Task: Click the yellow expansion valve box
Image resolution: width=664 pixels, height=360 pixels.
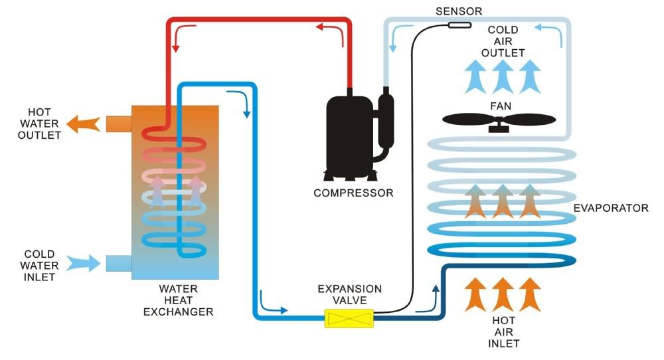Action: (349, 319)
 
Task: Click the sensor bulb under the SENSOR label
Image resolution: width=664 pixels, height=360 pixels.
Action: (459, 25)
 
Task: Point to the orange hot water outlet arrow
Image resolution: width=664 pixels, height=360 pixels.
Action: (84, 124)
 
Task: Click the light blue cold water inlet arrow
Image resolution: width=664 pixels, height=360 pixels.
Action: (84, 263)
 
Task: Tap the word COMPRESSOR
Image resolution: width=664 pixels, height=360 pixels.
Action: (353, 193)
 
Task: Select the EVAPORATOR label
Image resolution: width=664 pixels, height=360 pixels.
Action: (611, 208)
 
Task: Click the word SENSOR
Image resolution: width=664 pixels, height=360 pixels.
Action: (459, 11)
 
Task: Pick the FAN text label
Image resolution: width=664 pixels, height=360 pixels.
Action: (501, 106)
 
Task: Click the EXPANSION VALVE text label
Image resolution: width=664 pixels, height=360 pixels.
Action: (350, 295)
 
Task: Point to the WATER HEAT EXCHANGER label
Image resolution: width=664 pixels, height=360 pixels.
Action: (178, 300)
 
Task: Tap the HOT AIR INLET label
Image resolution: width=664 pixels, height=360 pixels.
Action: (503, 332)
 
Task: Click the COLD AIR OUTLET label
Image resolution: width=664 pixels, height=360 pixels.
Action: (503, 41)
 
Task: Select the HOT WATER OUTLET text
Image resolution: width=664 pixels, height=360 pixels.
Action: (39, 124)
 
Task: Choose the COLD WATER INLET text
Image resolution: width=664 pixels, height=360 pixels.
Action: (39, 266)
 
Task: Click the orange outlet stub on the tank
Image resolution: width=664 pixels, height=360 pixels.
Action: (119, 124)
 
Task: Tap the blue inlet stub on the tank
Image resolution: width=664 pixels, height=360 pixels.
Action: (119, 263)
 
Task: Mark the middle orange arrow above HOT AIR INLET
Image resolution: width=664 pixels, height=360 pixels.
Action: (503, 294)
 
